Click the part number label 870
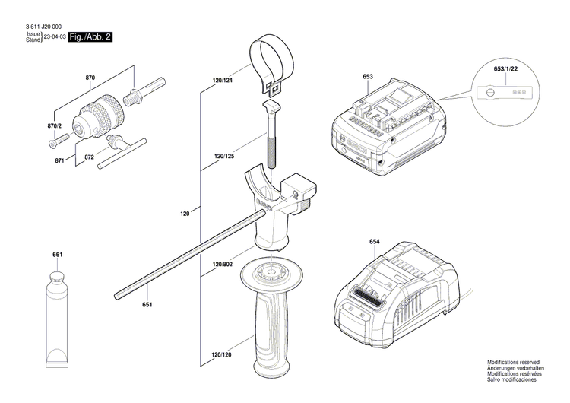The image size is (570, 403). [90, 78]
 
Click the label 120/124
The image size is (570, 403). [223, 80]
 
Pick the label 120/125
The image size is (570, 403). [224, 157]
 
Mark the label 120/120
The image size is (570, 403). [223, 354]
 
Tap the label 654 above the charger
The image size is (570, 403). [375, 242]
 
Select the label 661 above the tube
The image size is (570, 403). [58, 254]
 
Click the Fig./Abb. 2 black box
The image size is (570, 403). [90, 36]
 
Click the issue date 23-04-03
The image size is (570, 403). [55, 36]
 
